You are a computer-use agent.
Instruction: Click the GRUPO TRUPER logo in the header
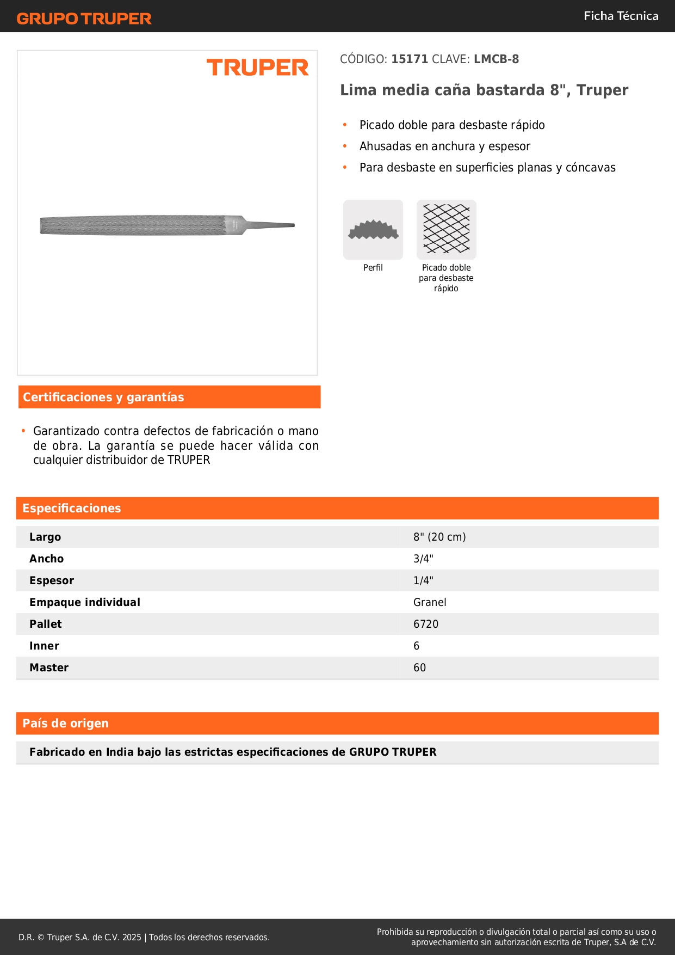click(x=84, y=19)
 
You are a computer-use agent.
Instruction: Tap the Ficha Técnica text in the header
click(x=621, y=16)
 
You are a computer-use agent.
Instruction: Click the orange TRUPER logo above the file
click(x=257, y=68)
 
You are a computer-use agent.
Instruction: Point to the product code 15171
click(x=410, y=59)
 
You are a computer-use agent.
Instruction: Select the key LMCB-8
click(x=496, y=59)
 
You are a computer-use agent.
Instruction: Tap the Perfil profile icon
click(x=373, y=230)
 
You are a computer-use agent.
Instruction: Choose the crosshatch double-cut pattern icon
click(x=446, y=229)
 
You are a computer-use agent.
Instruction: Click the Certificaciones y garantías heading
click(x=103, y=397)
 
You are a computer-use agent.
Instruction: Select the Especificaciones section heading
click(x=72, y=509)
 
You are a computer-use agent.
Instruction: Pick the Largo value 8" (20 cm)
click(x=439, y=537)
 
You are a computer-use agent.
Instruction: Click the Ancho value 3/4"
click(x=423, y=559)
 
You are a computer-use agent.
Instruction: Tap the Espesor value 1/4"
click(x=423, y=581)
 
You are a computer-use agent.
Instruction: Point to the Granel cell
click(x=430, y=603)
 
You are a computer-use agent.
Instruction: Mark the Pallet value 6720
click(x=426, y=625)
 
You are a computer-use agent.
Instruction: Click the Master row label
click(x=49, y=668)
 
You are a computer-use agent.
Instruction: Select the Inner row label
click(x=44, y=646)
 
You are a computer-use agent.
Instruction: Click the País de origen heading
click(x=65, y=724)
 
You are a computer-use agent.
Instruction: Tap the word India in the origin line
click(x=120, y=752)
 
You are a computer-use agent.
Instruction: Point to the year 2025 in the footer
click(x=132, y=938)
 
